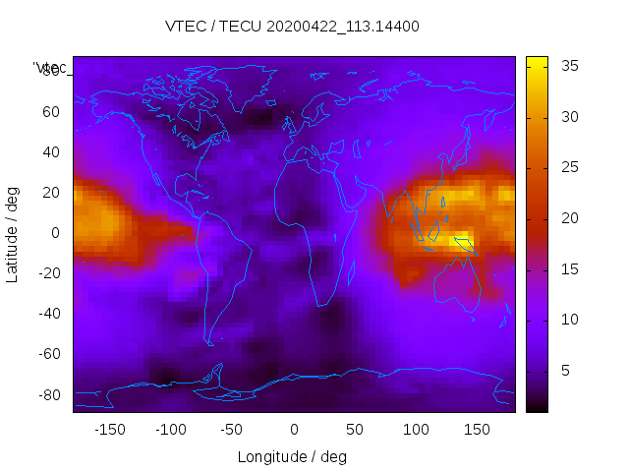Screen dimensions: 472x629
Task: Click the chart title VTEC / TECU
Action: (x=293, y=27)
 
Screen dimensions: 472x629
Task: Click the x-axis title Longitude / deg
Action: (x=292, y=456)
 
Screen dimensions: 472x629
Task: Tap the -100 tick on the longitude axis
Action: (x=170, y=430)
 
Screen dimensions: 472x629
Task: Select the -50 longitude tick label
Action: (x=232, y=430)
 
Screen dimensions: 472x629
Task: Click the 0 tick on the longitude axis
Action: (x=294, y=430)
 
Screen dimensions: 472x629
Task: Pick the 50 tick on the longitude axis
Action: (x=355, y=430)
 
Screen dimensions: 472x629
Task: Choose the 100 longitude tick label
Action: (x=417, y=430)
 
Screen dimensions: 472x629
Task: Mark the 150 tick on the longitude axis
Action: (x=478, y=430)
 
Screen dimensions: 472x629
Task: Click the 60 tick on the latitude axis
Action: (x=51, y=112)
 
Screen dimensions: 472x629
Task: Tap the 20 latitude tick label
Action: (x=51, y=193)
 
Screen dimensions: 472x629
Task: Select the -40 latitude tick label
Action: (x=47, y=314)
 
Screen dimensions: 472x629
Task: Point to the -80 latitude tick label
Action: (x=47, y=394)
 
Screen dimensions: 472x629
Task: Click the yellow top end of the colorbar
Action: (x=537, y=61)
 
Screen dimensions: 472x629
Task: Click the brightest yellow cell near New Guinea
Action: (x=460, y=239)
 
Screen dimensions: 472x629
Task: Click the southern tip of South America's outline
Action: (x=210, y=343)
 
